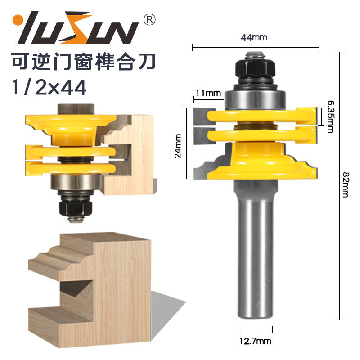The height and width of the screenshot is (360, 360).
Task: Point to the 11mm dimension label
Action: [208, 94]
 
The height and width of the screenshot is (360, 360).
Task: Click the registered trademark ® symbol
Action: [149, 19]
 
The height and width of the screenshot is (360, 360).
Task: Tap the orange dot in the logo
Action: [18, 20]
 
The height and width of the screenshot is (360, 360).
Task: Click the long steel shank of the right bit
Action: [255, 252]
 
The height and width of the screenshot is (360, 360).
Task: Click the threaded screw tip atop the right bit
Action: [255, 55]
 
